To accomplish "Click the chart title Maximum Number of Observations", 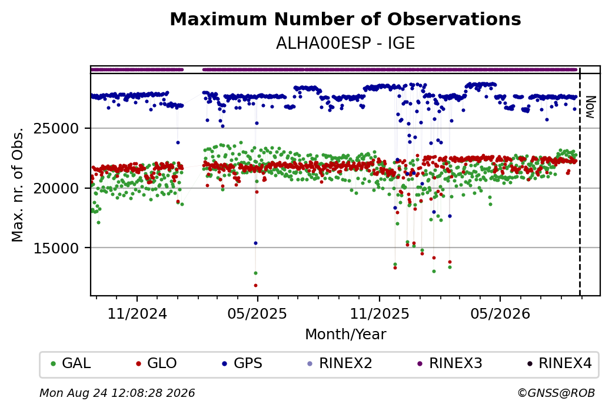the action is point(345,19).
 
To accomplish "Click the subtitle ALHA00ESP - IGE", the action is point(345,43).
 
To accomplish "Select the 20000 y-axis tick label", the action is point(56,188).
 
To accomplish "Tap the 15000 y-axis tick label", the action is point(56,248).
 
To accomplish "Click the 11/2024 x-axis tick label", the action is point(137,313).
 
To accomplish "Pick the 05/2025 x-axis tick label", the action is point(257,313).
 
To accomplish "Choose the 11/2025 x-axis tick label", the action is point(380,313).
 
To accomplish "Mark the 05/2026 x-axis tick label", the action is point(500,313).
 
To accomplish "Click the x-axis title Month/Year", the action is point(345,334).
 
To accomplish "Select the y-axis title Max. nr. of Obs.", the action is point(18,185).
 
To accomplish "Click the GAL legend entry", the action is point(71,363).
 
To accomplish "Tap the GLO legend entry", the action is point(156,363).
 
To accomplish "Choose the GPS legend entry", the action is point(242,363).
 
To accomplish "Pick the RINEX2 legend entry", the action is point(340,363).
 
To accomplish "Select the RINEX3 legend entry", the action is point(450,363).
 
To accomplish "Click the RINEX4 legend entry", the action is point(559,363).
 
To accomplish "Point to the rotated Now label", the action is point(591,107).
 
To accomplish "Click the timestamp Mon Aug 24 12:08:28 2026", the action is point(117,393).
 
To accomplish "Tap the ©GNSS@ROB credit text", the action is point(556,393).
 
